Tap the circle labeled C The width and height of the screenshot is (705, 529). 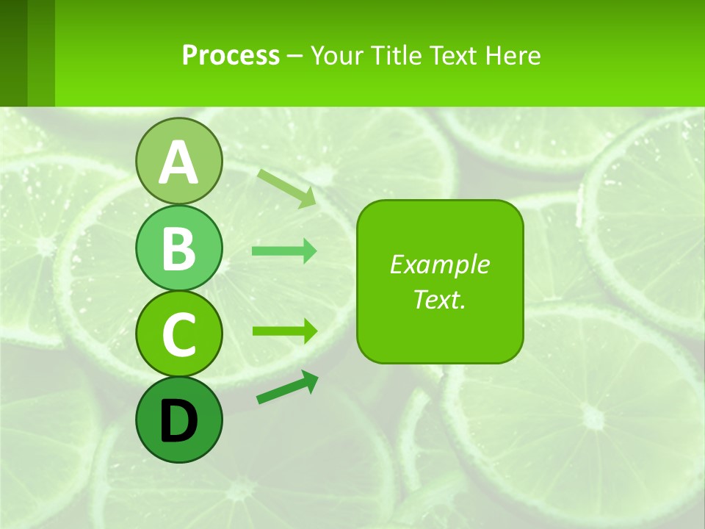[178, 334]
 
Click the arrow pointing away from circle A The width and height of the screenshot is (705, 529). [287, 188]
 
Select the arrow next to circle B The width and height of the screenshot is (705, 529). [284, 251]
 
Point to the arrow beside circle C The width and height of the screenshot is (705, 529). [284, 331]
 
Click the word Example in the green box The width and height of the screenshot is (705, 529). [440, 264]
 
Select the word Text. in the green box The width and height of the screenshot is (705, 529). [440, 299]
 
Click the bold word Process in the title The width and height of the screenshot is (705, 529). [231, 55]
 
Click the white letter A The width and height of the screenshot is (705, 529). [178, 162]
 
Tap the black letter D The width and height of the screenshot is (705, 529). [178, 421]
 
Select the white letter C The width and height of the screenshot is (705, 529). [178, 334]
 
